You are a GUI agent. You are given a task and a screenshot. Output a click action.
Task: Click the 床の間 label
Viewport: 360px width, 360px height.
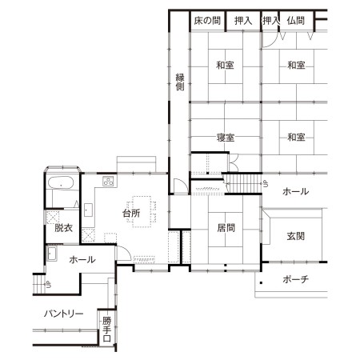click(207, 21)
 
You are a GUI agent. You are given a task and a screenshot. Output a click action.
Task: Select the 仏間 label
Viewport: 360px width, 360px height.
click(296, 21)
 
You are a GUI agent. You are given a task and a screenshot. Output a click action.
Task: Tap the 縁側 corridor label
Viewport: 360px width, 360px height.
click(180, 82)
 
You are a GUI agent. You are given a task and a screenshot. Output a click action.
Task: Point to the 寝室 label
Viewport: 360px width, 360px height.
click(226, 138)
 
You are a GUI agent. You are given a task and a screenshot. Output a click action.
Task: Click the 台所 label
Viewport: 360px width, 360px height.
click(131, 214)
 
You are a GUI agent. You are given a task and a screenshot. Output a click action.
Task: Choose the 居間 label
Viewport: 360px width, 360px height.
click(226, 228)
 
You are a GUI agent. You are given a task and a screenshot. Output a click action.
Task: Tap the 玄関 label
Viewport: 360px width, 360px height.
click(296, 236)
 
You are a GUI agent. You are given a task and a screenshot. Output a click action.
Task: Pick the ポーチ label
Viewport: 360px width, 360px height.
click(295, 279)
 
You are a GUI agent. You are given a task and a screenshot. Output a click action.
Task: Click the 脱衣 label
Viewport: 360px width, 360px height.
click(63, 228)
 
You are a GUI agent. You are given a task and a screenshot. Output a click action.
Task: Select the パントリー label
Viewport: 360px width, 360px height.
click(63, 314)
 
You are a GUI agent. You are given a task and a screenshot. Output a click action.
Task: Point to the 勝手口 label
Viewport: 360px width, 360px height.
click(106, 330)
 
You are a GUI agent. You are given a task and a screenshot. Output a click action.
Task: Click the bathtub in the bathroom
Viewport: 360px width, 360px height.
click(61, 183)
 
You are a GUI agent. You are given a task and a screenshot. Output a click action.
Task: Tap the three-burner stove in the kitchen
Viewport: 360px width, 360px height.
click(109, 181)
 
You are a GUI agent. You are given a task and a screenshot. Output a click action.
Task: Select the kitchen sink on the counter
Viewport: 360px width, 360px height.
click(88, 210)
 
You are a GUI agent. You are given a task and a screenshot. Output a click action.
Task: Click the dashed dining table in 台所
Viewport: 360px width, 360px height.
click(142, 212)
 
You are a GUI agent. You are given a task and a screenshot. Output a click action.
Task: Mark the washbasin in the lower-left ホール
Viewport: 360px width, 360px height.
click(52, 254)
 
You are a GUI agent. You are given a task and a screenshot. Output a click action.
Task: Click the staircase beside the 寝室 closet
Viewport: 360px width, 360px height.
click(243, 183)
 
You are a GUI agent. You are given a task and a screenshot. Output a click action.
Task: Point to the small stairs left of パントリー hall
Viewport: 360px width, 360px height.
click(39, 284)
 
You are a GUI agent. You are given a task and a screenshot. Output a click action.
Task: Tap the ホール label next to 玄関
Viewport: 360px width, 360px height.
click(295, 191)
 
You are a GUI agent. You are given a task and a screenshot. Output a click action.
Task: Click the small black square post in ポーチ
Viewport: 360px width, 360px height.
click(262, 282)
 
